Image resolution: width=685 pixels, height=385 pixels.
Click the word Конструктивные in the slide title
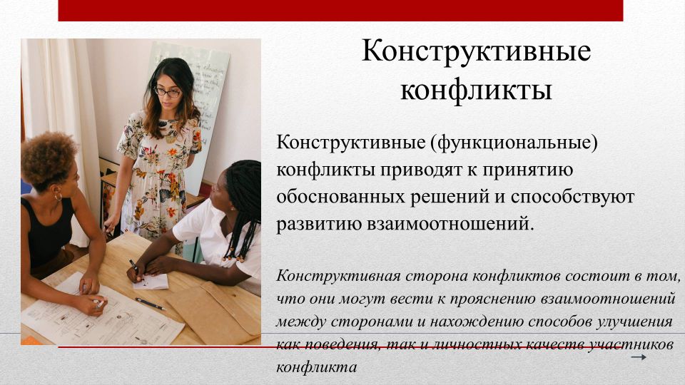coord(476,51)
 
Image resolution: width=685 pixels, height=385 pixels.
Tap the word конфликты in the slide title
coord(476,91)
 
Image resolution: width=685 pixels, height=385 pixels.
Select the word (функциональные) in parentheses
coord(514,143)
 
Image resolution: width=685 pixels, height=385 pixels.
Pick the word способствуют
coord(572,197)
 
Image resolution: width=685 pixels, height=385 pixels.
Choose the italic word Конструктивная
coord(338,277)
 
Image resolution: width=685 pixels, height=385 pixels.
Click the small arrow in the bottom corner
coord(639,357)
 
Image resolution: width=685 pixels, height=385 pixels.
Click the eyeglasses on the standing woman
coord(168,92)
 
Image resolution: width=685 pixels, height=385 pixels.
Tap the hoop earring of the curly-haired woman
coord(58,197)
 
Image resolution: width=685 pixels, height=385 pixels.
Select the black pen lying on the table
coord(150,304)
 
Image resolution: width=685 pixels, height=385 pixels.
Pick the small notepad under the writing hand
coord(151,282)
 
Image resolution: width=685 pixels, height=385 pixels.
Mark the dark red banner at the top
coord(340,11)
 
